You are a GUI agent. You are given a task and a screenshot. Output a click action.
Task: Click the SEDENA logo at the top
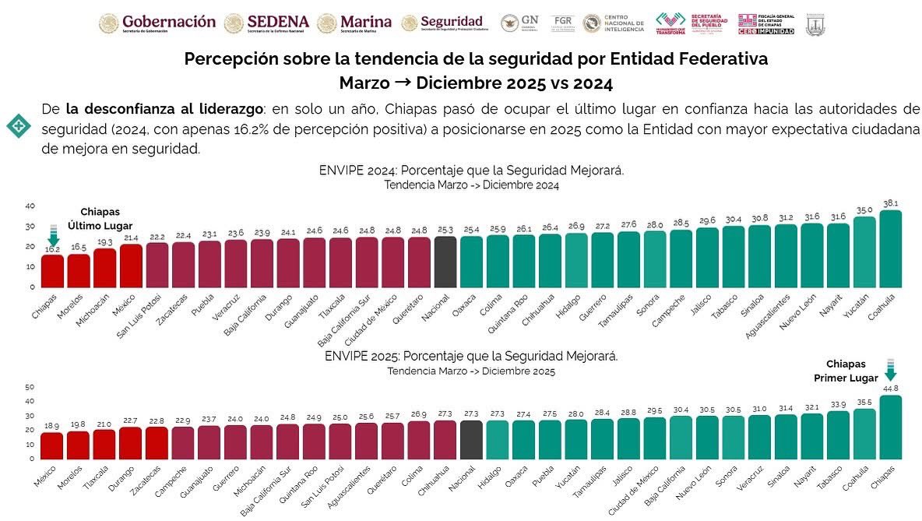click(266, 23)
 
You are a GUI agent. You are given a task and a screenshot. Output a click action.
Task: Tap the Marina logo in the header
click(354, 23)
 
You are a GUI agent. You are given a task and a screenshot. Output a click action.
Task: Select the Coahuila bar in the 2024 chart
click(889, 248)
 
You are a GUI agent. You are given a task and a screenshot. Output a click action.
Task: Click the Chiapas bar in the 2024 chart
click(52, 270)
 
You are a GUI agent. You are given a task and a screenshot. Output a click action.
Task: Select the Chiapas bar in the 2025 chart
click(889, 427)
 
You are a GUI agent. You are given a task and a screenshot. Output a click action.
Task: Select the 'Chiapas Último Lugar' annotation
click(100, 219)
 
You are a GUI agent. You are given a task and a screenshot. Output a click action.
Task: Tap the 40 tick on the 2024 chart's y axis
click(30, 206)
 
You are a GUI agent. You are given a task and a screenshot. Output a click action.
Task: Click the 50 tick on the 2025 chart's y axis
click(30, 387)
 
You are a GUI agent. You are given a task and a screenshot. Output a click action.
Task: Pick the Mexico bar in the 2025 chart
click(52, 445)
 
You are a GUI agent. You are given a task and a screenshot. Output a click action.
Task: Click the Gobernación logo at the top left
click(157, 23)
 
